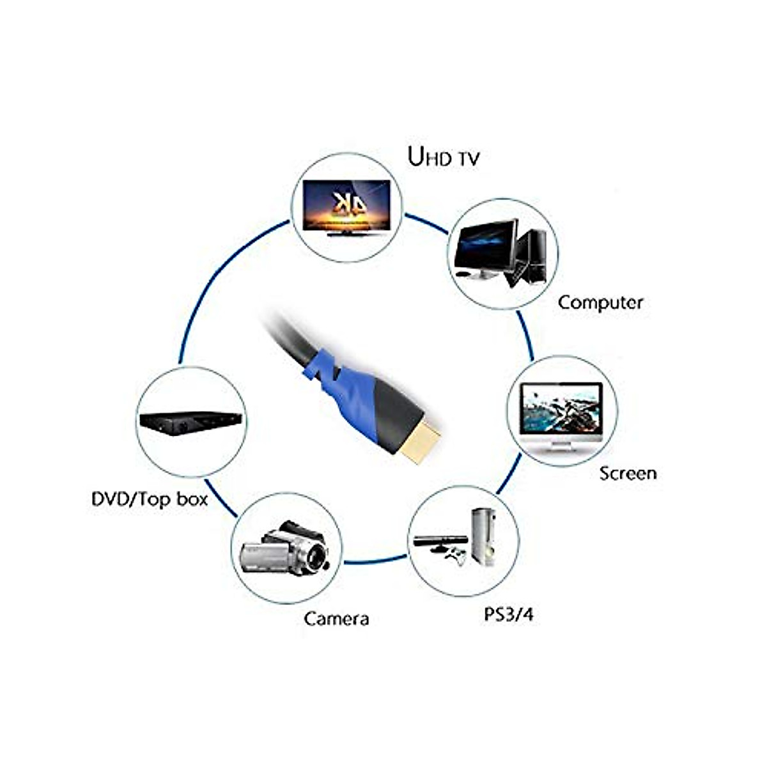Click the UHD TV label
(444, 157)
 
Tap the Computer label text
(600, 304)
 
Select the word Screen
(628, 474)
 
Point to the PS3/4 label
(508, 614)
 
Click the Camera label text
(336, 619)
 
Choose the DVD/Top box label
(150, 499)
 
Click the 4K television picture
(346, 208)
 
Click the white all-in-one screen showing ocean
(561, 417)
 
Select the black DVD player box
(190, 422)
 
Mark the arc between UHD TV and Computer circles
(426, 223)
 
